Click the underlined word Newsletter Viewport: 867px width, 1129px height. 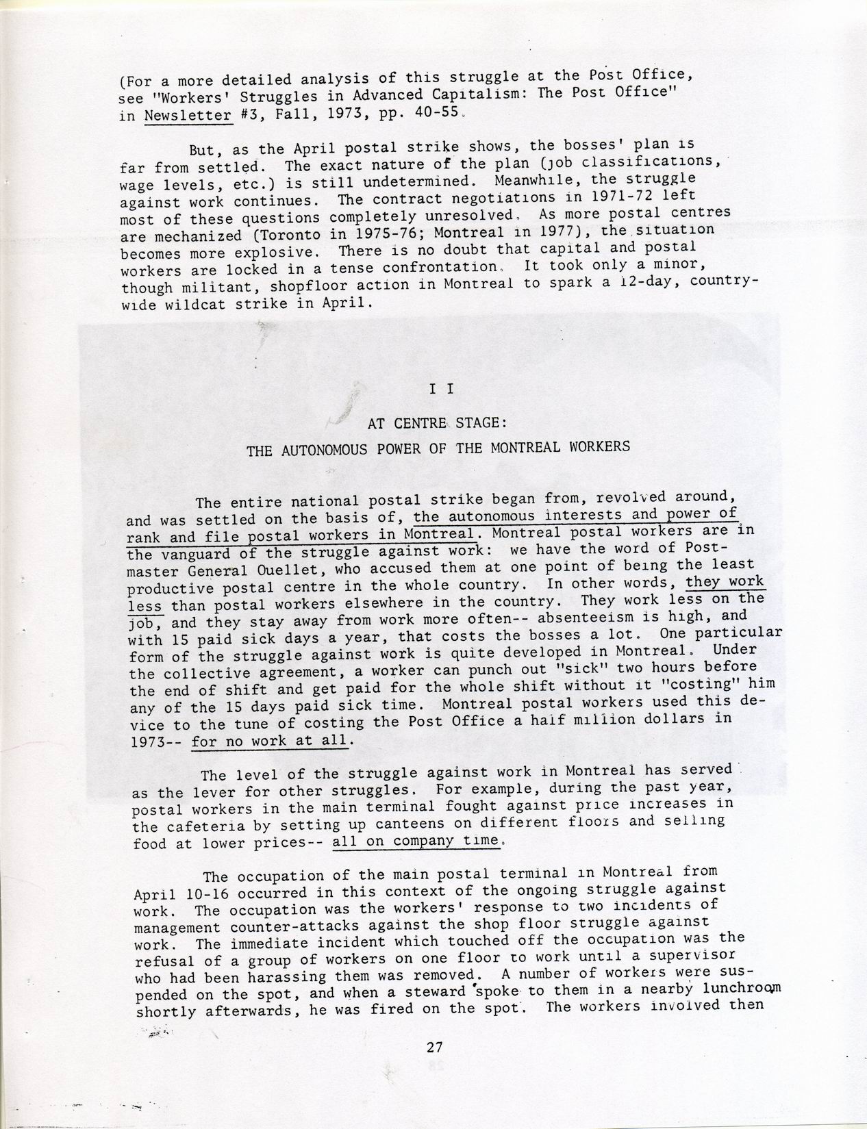[x=188, y=116]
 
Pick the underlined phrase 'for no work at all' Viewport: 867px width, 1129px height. [x=272, y=740]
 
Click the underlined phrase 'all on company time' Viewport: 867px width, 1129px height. [x=414, y=841]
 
